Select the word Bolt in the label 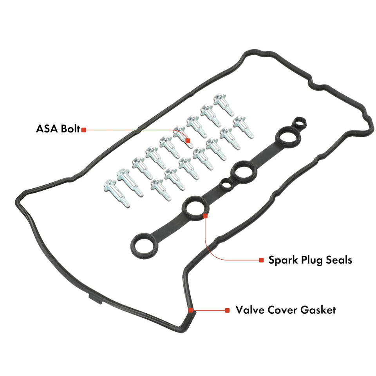pos(69,129)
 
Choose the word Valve pos(250,310)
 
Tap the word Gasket pos(319,310)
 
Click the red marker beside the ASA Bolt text pos(83,130)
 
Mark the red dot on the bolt pos(188,140)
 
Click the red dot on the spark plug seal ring pos(205,215)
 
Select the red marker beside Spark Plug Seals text pos(261,260)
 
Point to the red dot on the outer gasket pos(191,310)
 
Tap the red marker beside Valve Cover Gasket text pos(227,310)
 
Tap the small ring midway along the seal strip pos(226,184)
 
